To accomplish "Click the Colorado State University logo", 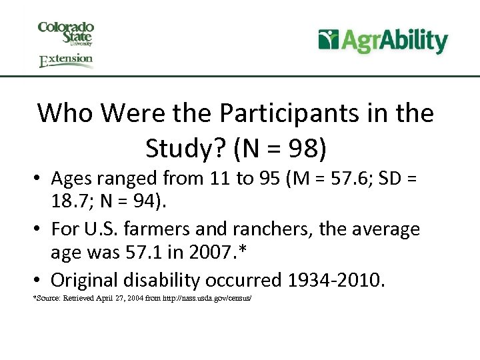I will [x=65, y=33].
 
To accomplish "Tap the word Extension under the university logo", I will [x=65, y=61].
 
